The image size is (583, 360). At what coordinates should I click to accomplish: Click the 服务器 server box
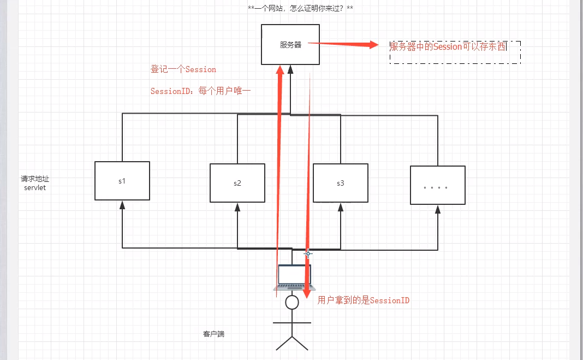coord(290,45)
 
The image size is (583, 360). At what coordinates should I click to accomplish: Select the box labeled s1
coord(122,180)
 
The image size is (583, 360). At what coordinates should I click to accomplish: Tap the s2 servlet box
coord(237,183)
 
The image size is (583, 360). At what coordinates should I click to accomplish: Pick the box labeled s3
coord(341,183)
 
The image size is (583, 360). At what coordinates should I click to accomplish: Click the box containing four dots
coord(437,185)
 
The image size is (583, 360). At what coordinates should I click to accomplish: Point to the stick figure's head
coord(292,302)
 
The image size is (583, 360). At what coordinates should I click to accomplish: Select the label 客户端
coord(213,334)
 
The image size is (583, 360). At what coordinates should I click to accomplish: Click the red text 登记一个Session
coord(183,69)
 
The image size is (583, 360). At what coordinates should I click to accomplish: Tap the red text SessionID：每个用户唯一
coord(200,91)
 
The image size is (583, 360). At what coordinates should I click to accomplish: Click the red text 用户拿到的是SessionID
coord(364,300)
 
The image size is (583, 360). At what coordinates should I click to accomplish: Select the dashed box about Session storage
coord(455,51)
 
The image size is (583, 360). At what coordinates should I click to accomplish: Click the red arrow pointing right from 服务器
coord(349,45)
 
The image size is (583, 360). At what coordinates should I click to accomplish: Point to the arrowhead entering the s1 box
coord(122,204)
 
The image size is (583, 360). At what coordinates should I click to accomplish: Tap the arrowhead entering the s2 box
coord(237,207)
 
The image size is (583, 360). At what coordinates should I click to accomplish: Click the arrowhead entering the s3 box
coord(341,207)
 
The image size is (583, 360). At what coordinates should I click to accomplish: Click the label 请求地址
coord(35,179)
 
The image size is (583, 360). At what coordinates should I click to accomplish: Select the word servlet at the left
coord(35,187)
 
